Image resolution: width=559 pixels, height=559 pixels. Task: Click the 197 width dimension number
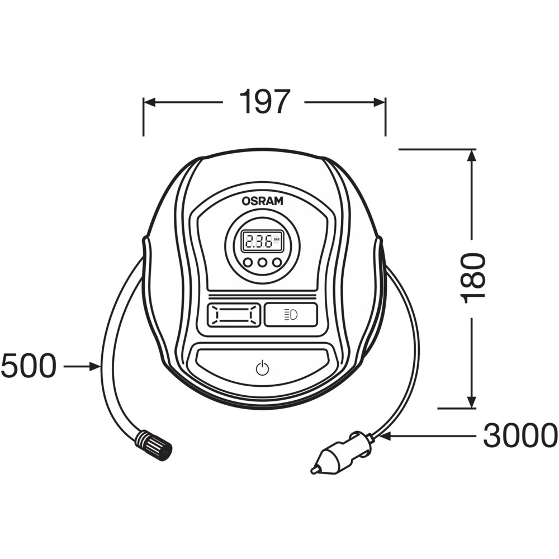click(x=263, y=102)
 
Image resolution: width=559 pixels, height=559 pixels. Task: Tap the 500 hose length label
click(x=29, y=366)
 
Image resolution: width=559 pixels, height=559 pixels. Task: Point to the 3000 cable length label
click(x=520, y=435)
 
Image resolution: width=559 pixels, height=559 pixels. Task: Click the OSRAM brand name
click(x=262, y=201)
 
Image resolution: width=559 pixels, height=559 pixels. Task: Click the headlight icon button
click(x=291, y=315)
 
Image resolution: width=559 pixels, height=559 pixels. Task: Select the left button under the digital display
click(x=248, y=263)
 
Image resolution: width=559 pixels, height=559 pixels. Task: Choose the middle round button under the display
click(x=262, y=263)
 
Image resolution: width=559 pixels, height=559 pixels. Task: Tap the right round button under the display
click(x=277, y=263)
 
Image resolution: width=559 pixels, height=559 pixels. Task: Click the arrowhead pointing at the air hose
click(x=95, y=366)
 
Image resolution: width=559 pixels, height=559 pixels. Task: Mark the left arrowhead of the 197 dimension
click(x=150, y=103)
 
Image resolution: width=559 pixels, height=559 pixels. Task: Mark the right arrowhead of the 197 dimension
click(x=379, y=103)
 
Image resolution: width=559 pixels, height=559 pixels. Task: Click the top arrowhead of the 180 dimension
click(x=472, y=155)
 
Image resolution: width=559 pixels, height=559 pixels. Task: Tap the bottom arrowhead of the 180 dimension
click(x=472, y=401)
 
